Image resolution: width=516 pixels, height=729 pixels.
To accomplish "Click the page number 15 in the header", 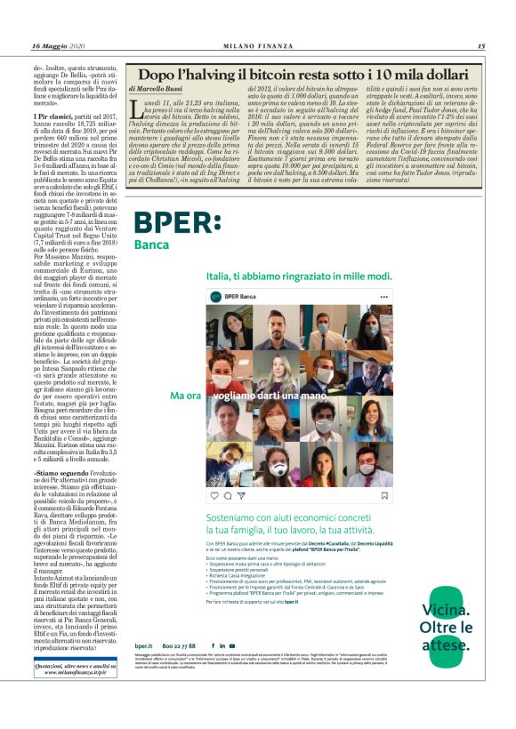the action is click(481, 46).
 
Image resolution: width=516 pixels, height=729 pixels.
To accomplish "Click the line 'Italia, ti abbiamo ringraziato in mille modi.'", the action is click(299, 276).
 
